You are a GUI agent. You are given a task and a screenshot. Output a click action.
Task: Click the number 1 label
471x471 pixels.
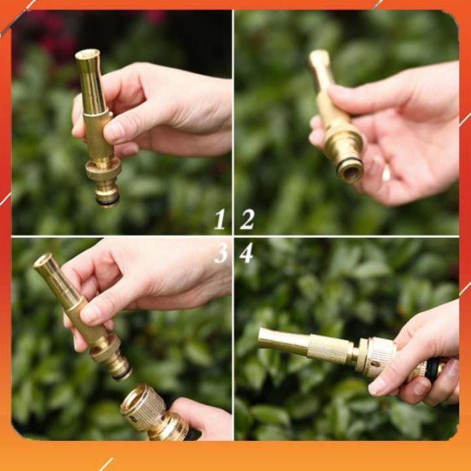tap(219, 219)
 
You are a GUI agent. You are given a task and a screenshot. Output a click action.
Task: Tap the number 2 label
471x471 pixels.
tap(248, 219)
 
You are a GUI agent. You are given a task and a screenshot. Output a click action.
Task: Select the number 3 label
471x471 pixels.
tap(219, 253)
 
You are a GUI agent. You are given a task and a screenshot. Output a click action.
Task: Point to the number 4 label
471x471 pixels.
tap(246, 253)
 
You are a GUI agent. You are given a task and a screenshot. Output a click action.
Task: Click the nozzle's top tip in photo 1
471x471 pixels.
tap(87, 55)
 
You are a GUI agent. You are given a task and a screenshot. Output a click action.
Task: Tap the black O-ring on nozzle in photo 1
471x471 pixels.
tap(107, 198)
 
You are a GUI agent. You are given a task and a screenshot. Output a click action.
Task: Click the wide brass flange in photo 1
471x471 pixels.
tap(103, 167)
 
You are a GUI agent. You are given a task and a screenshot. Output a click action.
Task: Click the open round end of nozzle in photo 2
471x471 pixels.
tap(350, 171)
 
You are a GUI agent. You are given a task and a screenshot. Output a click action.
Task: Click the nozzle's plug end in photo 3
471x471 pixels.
tap(121, 369)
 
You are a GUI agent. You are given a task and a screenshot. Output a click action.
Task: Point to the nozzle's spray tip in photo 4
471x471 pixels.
tap(263, 339)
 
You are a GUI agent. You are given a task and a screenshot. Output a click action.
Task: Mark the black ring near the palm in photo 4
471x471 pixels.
tap(434, 368)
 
